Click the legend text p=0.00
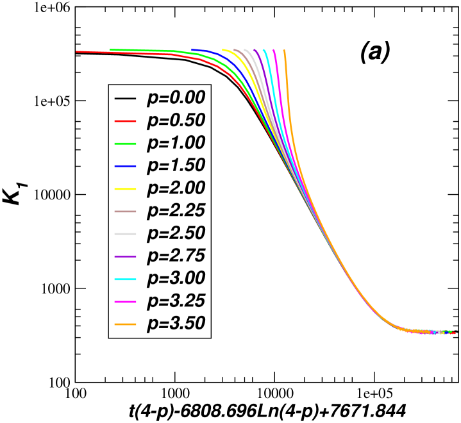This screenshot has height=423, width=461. pyautogui.click(x=176, y=98)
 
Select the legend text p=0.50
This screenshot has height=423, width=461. pyautogui.click(x=176, y=120)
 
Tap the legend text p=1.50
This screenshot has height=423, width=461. pyautogui.click(x=176, y=165)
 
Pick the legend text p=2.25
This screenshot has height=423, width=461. pyautogui.click(x=176, y=211)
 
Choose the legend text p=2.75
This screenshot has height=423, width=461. pyautogui.click(x=176, y=256)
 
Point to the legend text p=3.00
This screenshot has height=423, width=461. pyautogui.click(x=176, y=279)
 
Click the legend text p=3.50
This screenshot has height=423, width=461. pyautogui.click(x=176, y=324)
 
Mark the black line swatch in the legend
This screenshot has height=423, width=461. pyautogui.click(x=126, y=99)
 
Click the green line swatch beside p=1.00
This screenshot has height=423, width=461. pyautogui.click(x=126, y=144)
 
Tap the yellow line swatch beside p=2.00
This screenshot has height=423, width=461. pyautogui.click(x=126, y=189)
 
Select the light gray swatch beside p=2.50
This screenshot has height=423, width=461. pyautogui.click(x=126, y=234)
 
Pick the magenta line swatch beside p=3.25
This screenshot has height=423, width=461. pyautogui.click(x=126, y=302)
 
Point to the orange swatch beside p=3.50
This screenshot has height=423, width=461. pyautogui.click(x=126, y=324)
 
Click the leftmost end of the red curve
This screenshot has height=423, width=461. pyautogui.click(x=77, y=51)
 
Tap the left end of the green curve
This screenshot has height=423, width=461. pyautogui.click(x=111, y=49)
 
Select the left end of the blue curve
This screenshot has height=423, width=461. pyautogui.click(x=192, y=49)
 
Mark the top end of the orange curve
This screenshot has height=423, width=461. pyautogui.click(x=283, y=49)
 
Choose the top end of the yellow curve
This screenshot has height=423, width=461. pyautogui.click(x=223, y=49)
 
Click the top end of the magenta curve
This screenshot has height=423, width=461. pyautogui.click(x=274, y=49)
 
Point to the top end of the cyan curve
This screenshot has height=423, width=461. pyautogui.click(x=264, y=49)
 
